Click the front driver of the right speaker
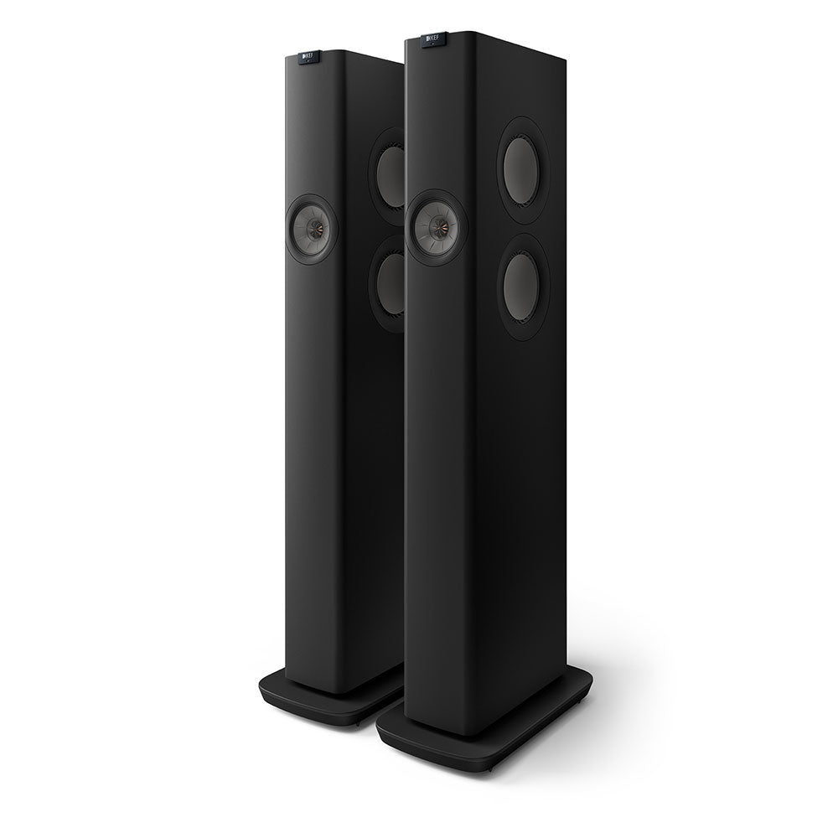click(435, 222)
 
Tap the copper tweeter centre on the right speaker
click(437, 223)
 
